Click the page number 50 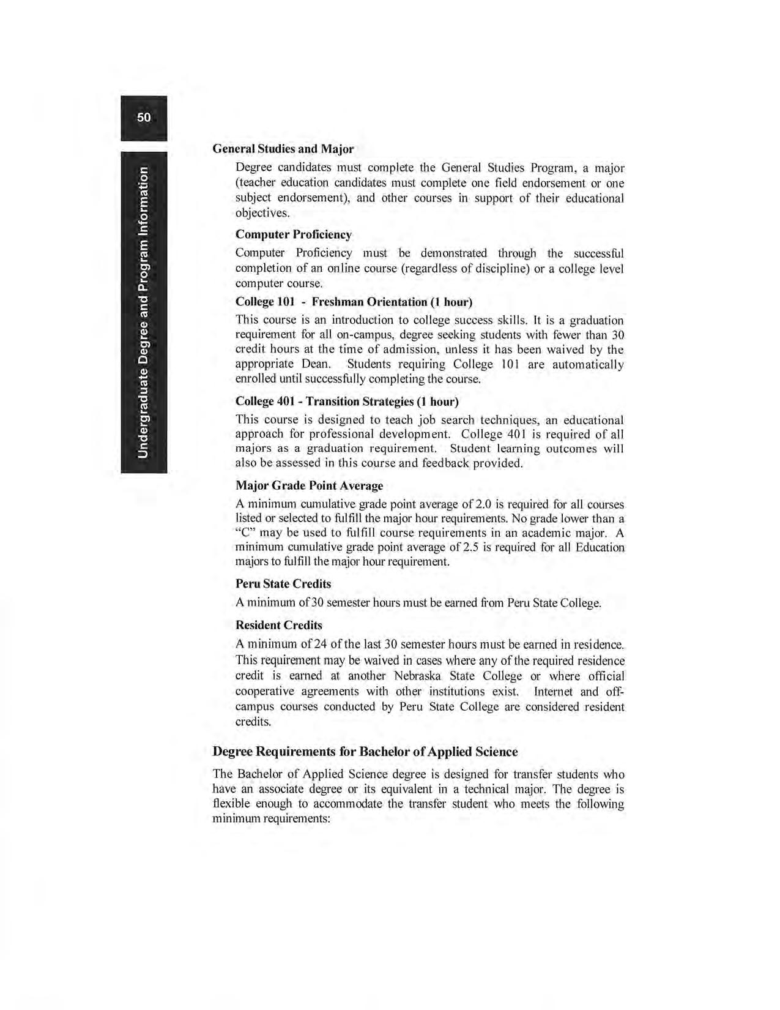pyautogui.click(x=144, y=118)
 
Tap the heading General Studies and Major pyautogui.click(x=283, y=149)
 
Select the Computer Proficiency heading pyautogui.click(x=294, y=234)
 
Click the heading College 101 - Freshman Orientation pyautogui.click(x=354, y=302)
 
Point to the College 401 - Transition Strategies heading pyautogui.click(x=347, y=402)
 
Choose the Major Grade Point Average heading pyautogui.click(x=309, y=486)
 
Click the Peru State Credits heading pyautogui.click(x=283, y=584)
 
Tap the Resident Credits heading pyautogui.click(x=278, y=626)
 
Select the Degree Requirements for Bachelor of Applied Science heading pyautogui.click(x=365, y=752)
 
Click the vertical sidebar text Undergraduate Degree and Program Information pyautogui.click(x=143, y=312)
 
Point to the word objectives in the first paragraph pyautogui.click(x=262, y=213)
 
